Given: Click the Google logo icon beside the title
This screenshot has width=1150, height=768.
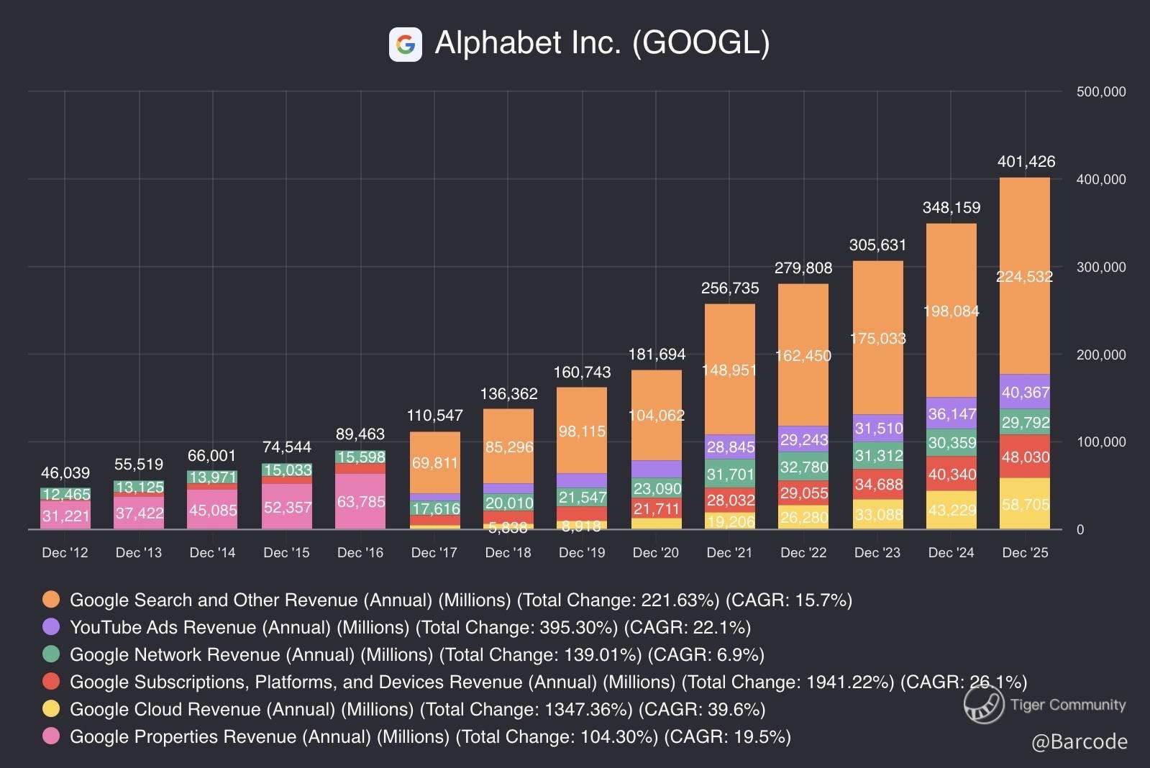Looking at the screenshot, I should point(405,45).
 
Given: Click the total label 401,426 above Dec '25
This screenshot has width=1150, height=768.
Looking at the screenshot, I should point(1026,162).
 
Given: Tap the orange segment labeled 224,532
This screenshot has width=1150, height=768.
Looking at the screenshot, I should point(1024,277).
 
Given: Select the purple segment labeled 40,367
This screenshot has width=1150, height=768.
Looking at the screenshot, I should point(1025,393).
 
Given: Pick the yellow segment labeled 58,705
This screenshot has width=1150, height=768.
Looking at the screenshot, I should point(1025,504).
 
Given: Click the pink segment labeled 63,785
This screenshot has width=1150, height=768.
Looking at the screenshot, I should point(360,502).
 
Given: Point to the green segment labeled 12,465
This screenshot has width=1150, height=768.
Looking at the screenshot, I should point(65,494).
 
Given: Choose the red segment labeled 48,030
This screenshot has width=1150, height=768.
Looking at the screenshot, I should point(1025,457).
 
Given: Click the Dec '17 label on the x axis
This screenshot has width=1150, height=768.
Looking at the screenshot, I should point(434,552).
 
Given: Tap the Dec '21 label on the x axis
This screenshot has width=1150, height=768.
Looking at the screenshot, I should point(729,552).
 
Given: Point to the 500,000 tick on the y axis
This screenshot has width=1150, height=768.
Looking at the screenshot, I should point(1100,92).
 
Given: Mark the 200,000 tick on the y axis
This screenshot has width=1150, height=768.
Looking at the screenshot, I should point(1100,355).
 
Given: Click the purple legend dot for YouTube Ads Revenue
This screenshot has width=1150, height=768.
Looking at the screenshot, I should point(51,627).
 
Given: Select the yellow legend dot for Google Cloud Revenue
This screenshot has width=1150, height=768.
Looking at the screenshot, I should point(51,709).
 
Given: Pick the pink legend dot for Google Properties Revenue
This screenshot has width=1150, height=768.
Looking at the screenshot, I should point(51,736).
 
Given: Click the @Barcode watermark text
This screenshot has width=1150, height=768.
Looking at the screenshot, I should point(1079,742).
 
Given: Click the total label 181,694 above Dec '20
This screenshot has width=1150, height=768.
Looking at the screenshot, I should point(657,355).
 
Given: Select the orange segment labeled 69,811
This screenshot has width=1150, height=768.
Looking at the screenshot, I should point(434,462).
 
